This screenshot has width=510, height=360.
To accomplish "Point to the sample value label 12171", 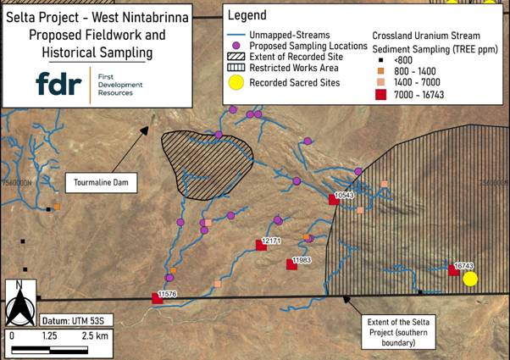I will [271, 241].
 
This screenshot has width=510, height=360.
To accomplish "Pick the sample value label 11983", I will [302, 260].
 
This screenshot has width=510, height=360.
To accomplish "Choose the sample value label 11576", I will [169, 292].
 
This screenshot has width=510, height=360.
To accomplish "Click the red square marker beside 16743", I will [453, 270].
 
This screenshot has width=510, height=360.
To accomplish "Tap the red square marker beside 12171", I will [261, 246].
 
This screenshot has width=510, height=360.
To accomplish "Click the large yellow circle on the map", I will [470, 279].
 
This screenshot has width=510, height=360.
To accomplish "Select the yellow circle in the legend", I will [239, 83].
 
